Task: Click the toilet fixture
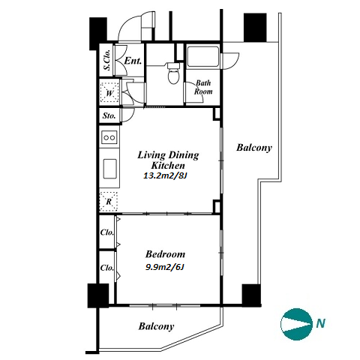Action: tap(173, 73)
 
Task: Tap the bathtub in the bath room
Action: tap(202, 56)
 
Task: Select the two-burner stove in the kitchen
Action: tap(109, 137)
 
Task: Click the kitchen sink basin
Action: tap(109, 169)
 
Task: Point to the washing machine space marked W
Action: tap(109, 93)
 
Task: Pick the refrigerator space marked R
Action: tap(109, 202)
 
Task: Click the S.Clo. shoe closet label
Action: tap(107, 60)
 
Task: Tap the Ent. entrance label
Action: tap(133, 61)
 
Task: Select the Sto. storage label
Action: tap(109, 115)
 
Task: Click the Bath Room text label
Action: tap(203, 87)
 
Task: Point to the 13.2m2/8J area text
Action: tap(165, 176)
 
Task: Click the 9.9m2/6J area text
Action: tap(165, 267)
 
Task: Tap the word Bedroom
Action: tap(165, 254)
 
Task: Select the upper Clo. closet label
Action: tap(107, 232)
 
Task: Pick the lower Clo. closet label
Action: tap(107, 268)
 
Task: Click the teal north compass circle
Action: tap(296, 324)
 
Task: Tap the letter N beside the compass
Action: tap(320, 324)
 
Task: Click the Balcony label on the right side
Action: tap(254, 148)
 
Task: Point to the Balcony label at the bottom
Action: tap(156, 326)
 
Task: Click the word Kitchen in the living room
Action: tap(168, 166)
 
